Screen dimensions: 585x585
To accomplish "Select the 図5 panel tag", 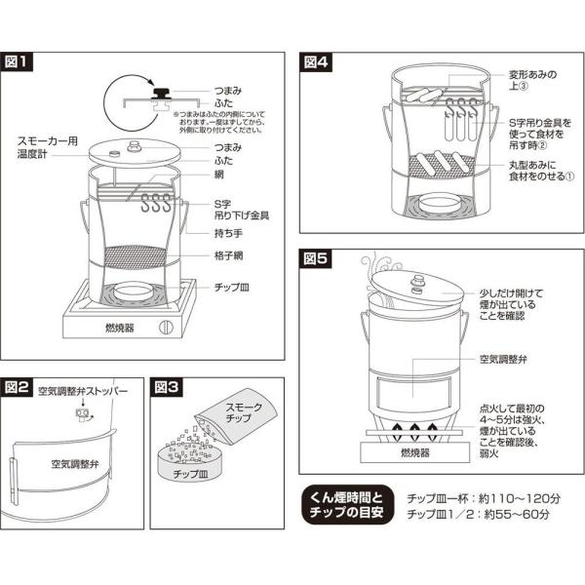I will (x=316, y=261).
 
